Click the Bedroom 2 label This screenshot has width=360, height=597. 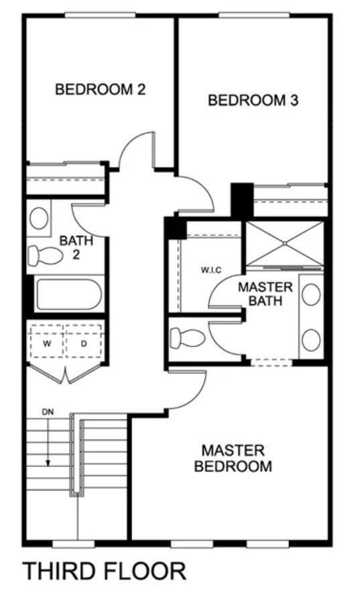click(100, 90)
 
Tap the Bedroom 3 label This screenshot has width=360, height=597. click(253, 100)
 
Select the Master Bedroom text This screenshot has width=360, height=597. click(233, 458)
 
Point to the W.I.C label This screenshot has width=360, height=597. click(211, 270)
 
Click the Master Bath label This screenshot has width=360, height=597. click(265, 293)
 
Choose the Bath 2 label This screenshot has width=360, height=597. click(76, 247)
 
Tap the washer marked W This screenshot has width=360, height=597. click(47, 344)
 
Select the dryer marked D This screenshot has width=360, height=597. click(84, 344)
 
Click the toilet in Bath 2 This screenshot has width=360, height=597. click(46, 255)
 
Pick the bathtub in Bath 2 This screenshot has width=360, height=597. click(69, 294)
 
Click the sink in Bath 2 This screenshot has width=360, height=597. click(39, 218)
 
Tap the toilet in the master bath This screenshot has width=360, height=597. click(188, 338)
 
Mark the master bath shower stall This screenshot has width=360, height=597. click(284, 243)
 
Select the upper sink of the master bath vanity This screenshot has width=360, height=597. click(311, 294)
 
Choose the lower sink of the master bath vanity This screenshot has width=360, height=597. click(311, 340)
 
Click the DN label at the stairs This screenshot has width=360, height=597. click(48, 411)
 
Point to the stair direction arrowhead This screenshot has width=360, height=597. click(48, 463)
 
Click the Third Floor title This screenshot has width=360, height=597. click(105, 571)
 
